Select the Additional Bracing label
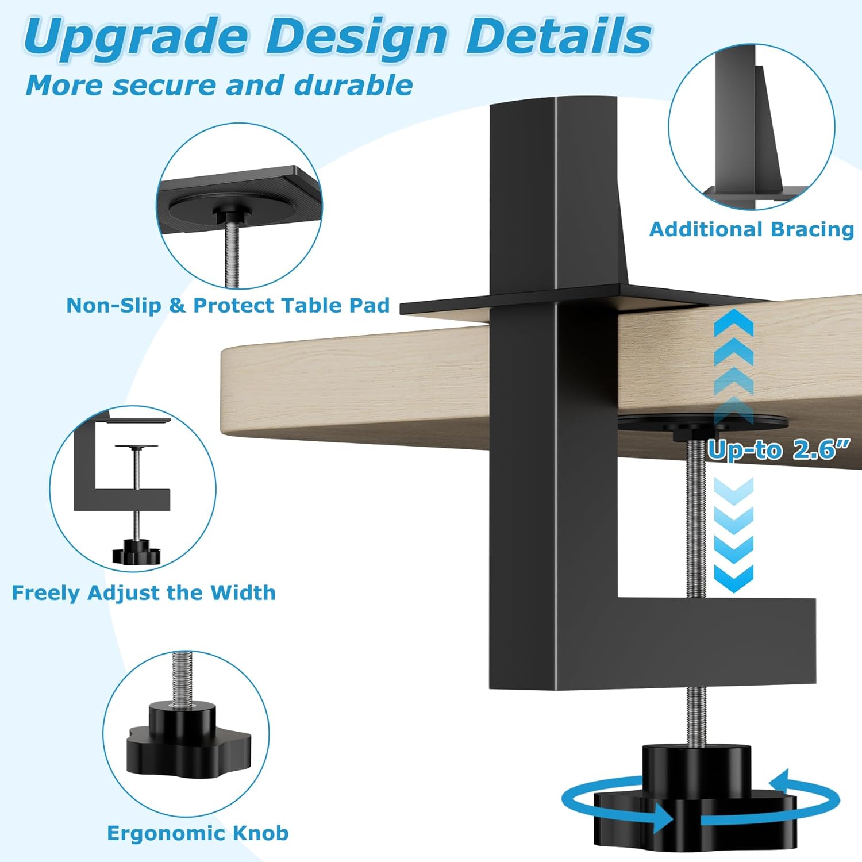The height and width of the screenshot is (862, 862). coord(752,229)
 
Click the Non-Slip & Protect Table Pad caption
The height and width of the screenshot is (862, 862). coord(228,305)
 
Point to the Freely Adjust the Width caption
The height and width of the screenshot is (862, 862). coord(144,592)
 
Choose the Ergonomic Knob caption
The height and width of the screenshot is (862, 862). coord(198,833)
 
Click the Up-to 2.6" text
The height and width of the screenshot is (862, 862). coord(778,449)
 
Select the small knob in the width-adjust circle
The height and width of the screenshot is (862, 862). coord(136,552)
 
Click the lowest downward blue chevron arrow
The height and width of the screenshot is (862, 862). coord(734,578)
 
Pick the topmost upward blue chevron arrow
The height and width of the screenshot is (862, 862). coord(734,322)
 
